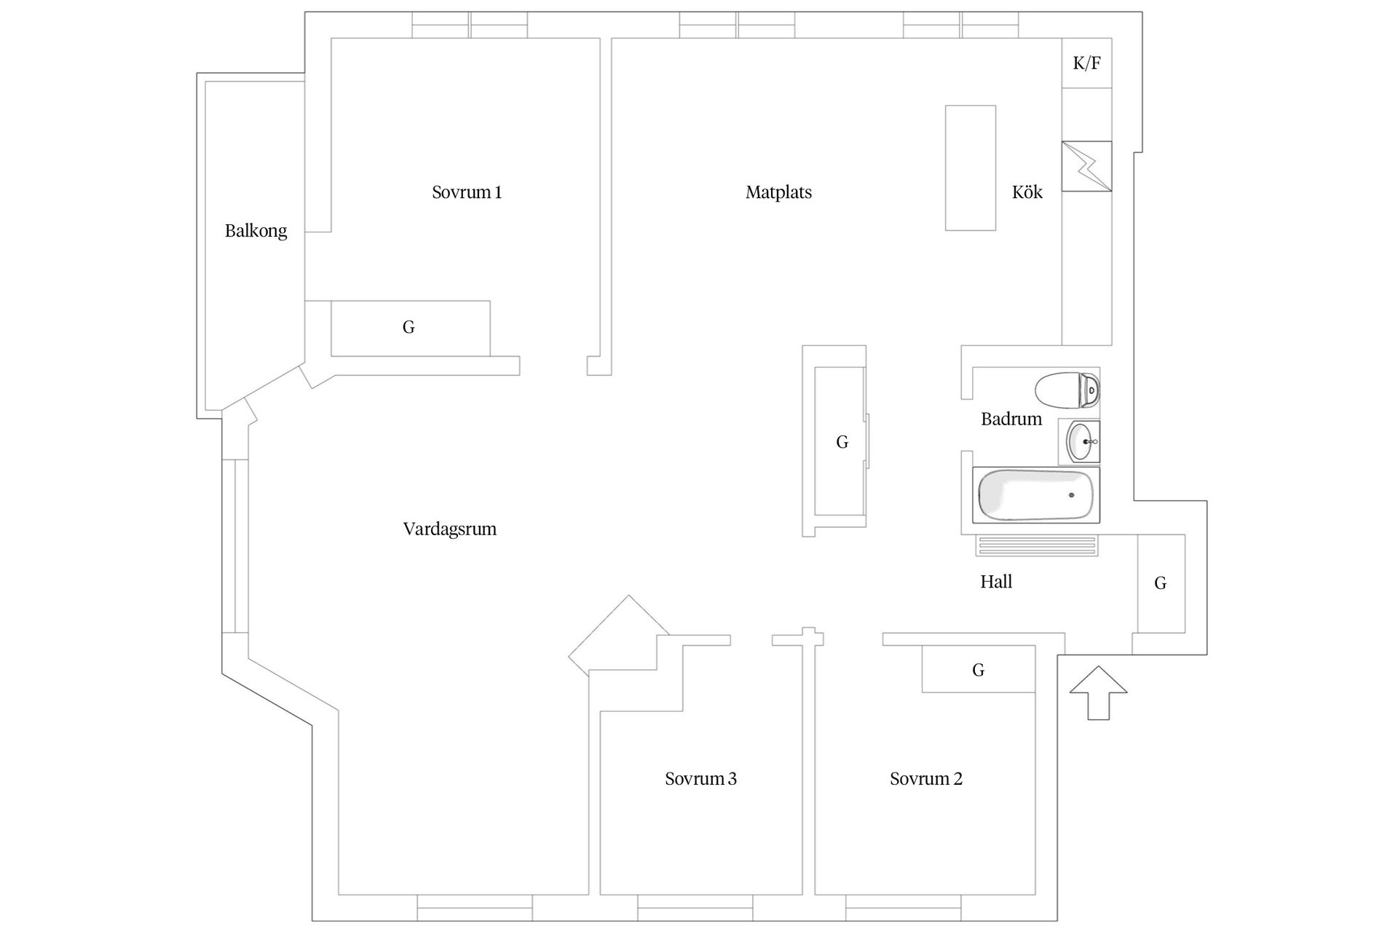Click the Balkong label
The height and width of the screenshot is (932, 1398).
[256, 231]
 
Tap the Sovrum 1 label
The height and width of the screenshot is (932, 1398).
[466, 192]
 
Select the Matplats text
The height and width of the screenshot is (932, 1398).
[778, 192]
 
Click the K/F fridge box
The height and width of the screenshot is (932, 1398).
[1086, 63]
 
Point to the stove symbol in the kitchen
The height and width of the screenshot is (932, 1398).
[1086, 167]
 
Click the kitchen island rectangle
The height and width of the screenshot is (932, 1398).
[970, 168]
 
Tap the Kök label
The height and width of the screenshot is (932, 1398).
[1027, 192]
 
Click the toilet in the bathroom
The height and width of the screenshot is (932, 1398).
[1067, 391]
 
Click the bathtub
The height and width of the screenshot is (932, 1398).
[1035, 496]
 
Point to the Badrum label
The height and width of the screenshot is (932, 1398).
[1011, 419]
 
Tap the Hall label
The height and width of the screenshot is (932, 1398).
[995, 582]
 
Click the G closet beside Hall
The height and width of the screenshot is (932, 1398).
[1161, 583]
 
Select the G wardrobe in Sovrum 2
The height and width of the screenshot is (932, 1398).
[978, 670]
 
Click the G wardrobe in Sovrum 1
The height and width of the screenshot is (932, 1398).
[409, 328]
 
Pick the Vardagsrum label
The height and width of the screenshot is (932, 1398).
[449, 529]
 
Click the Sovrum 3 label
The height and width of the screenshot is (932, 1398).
[700, 779]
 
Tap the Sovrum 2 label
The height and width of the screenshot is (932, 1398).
[925, 779]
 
